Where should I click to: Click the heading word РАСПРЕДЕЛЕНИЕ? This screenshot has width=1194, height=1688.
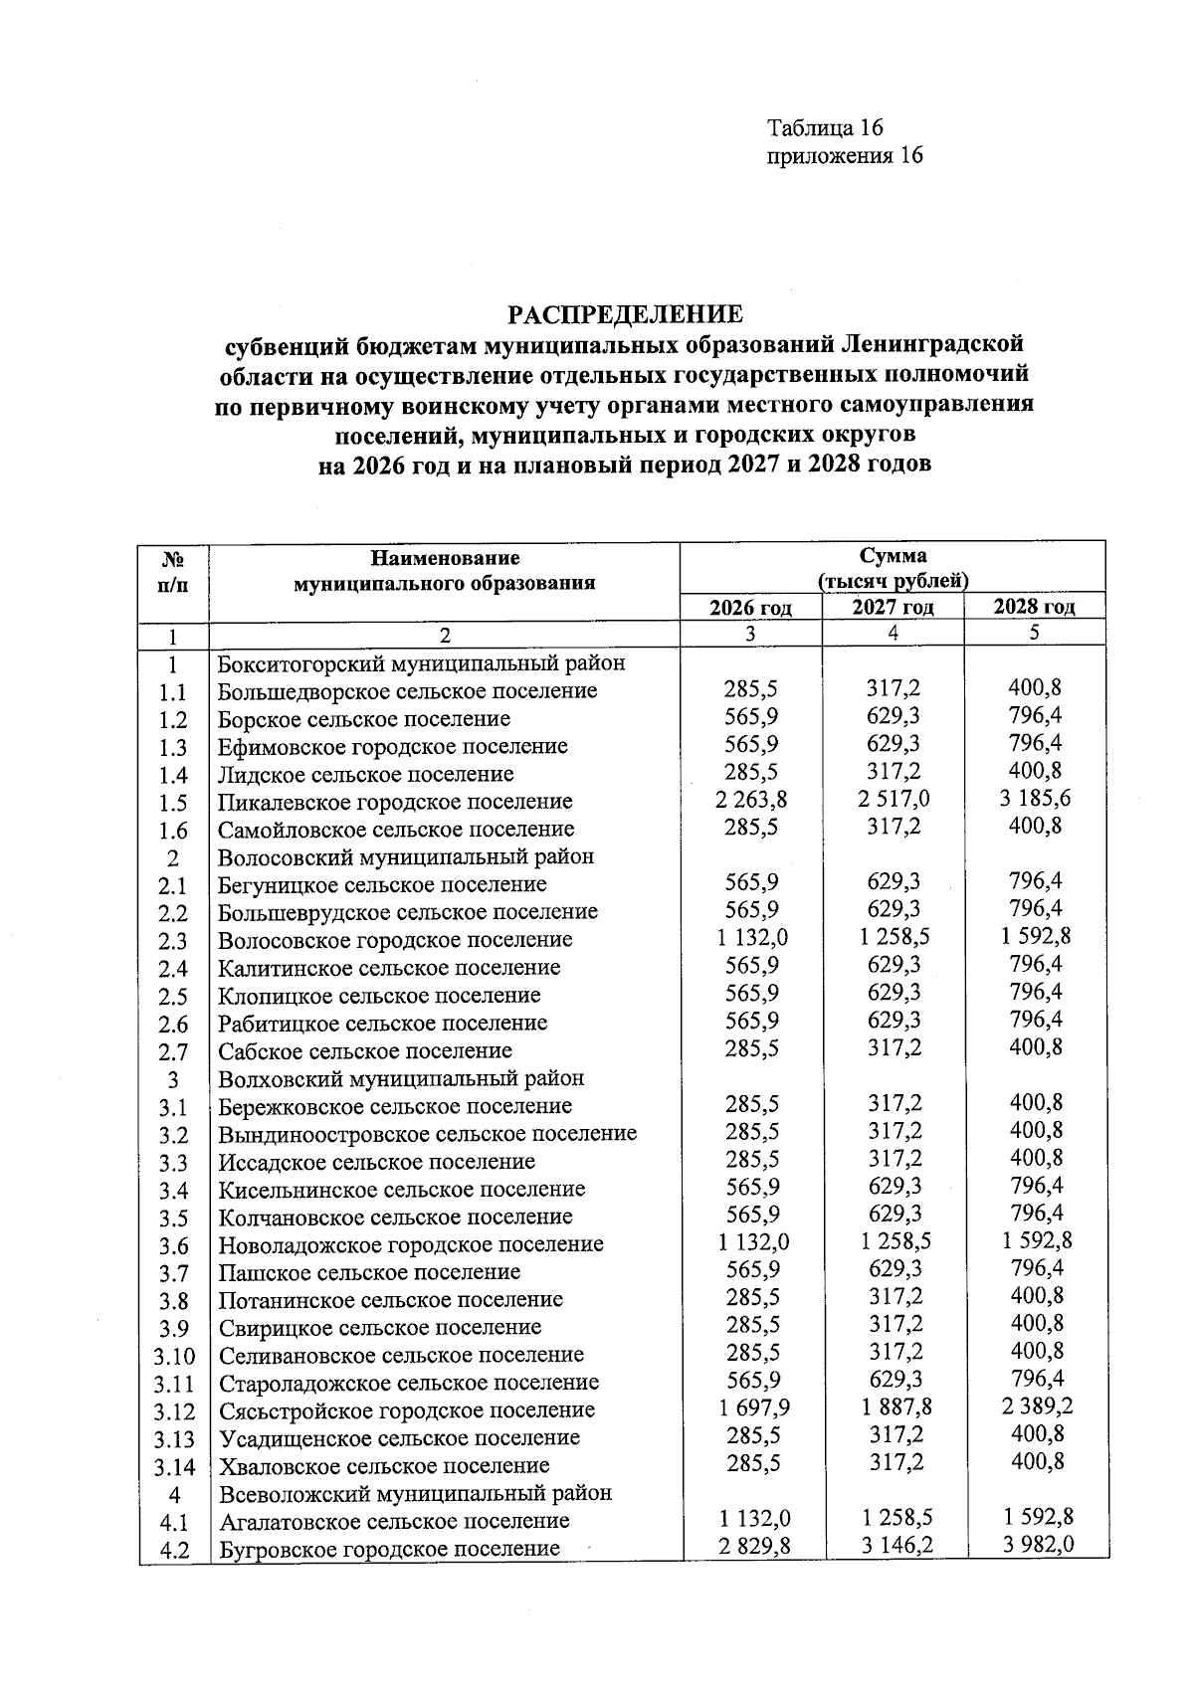tap(626, 315)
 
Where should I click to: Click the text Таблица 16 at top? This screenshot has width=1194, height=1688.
tap(825, 128)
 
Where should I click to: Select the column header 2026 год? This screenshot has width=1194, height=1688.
tap(750, 608)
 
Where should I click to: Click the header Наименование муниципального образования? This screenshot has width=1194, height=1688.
tap(444, 571)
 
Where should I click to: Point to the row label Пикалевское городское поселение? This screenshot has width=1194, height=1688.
tap(395, 802)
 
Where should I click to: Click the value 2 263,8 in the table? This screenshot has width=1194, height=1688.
tap(751, 800)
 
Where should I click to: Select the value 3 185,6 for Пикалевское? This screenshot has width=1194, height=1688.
tap(1035, 799)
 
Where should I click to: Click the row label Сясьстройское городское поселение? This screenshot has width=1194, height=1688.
tap(406, 1410)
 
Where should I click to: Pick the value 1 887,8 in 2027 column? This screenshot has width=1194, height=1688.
tap(894, 1407)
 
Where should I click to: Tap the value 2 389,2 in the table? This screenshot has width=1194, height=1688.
tap(1035, 1407)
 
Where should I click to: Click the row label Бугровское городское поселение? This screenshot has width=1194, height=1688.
tap(389, 1550)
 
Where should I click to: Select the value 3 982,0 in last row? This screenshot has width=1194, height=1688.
tap(1035, 1545)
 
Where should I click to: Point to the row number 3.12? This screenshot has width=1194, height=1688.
tap(174, 1411)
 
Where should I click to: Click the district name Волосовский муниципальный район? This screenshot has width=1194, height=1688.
tap(406, 856)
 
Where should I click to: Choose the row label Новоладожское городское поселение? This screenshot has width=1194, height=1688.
tap(411, 1244)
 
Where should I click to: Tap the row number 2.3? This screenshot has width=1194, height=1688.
tap(173, 941)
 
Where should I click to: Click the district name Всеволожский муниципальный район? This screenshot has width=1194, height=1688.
tap(415, 1493)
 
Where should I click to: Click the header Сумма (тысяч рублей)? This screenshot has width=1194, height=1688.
tap(893, 568)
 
